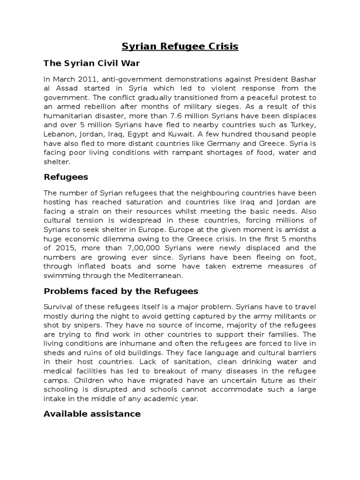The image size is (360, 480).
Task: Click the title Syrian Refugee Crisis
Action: pyautogui.click(x=180, y=46)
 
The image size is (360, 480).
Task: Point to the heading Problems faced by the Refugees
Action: pyautogui.click(x=121, y=291)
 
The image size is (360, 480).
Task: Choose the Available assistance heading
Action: pyautogui.click(x=92, y=413)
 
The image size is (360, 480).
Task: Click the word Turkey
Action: pyautogui.click(x=303, y=125)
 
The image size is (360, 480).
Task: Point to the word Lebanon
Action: pyautogui.click(x=58, y=134)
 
